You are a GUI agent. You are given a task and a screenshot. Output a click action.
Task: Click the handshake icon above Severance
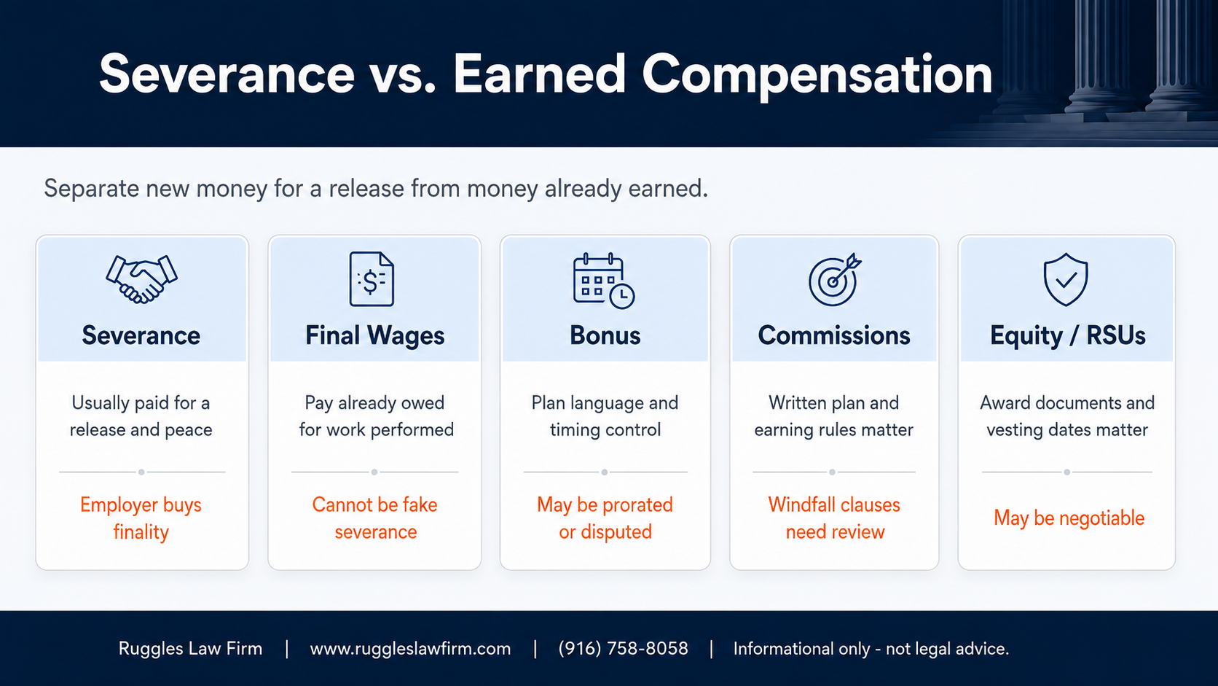pyautogui.click(x=141, y=279)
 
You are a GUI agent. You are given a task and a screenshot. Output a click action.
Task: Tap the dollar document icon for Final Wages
pyautogui.click(x=372, y=279)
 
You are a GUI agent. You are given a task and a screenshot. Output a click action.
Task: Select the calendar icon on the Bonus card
pyautogui.click(x=604, y=281)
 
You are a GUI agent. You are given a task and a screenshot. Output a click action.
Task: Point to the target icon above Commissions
pyautogui.click(x=834, y=280)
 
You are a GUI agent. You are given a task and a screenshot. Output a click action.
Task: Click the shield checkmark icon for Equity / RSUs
pyautogui.click(x=1066, y=280)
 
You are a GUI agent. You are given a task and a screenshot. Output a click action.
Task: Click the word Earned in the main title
pyautogui.click(x=539, y=74)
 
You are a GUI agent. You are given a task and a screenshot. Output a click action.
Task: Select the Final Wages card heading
pyautogui.click(x=374, y=335)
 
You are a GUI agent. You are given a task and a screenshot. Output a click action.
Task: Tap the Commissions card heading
pyautogui.click(x=834, y=335)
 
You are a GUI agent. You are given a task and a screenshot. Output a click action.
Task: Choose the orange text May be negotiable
pyautogui.click(x=1069, y=518)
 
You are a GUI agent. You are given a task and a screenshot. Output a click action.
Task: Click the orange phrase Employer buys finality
pyautogui.click(x=141, y=518)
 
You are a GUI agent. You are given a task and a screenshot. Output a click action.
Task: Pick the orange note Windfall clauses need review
pyautogui.click(x=834, y=518)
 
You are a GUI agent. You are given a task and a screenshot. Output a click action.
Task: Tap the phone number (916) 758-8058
pyautogui.click(x=623, y=649)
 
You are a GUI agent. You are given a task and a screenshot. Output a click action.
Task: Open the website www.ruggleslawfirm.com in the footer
pyautogui.click(x=411, y=649)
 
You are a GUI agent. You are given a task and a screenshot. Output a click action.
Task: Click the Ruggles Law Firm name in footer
pyautogui.click(x=190, y=649)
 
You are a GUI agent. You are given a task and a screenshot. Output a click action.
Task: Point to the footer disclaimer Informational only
pyautogui.click(x=871, y=649)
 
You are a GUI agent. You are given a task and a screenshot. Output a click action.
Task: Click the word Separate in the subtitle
pyautogui.click(x=91, y=189)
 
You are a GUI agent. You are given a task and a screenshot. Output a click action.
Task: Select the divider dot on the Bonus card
pyautogui.click(x=605, y=472)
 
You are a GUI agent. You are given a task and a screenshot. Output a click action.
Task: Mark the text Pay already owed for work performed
pyautogui.click(x=376, y=416)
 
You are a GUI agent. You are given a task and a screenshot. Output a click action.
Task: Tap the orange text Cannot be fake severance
pyautogui.click(x=374, y=518)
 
